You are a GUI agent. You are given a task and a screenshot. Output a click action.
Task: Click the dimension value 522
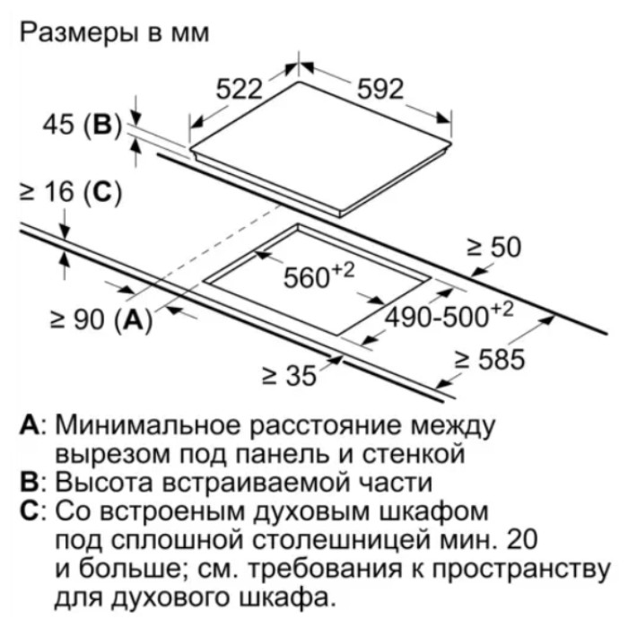tap(239, 89)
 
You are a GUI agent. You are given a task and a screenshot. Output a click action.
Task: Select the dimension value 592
tap(379, 89)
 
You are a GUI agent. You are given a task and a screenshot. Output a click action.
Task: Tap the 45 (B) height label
tap(82, 125)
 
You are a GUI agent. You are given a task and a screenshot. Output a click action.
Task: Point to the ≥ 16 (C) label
tap(71, 194)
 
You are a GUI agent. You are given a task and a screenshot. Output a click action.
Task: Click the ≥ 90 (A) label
tap(101, 321)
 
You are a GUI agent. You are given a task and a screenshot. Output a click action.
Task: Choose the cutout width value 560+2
tap(318, 275)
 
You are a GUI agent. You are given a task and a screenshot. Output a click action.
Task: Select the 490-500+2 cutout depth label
tap(449, 316)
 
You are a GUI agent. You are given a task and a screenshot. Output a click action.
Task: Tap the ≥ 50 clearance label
tap(493, 247)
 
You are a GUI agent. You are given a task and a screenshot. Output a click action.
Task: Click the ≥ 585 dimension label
tap(490, 359)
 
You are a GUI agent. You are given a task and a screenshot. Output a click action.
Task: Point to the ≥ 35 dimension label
tap(289, 377)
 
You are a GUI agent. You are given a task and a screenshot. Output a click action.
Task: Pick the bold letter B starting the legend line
tap(29, 483)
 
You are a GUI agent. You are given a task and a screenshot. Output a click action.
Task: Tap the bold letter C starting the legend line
tap(30, 511)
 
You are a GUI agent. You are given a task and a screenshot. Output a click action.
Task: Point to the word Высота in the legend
tap(104, 483)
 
